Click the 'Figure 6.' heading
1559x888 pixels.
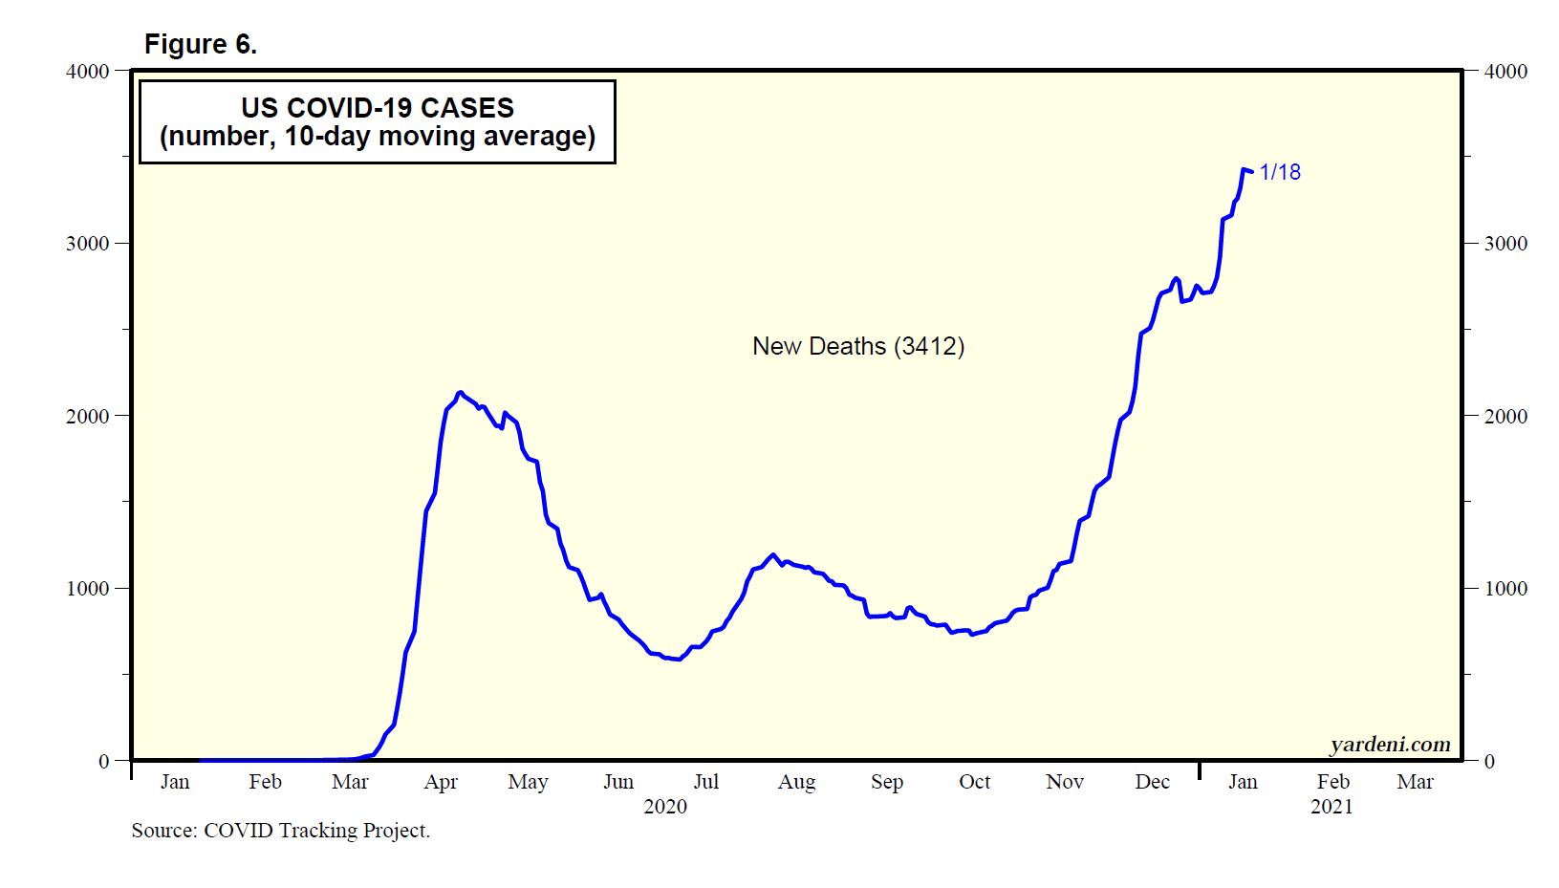pyautogui.click(x=200, y=44)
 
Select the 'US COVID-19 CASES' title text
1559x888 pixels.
pyautogui.click(x=378, y=107)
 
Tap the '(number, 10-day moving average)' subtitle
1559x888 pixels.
pyautogui.click(x=378, y=137)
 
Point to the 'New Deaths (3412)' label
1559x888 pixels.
pyautogui.click(x=858, y=346)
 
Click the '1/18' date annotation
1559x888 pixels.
pyautogui.click(x=1280, y=172)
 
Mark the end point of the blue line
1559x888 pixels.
pyautogui.click(x=1251, y=172)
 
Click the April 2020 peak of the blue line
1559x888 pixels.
pyautogui.click(x=460, y=392)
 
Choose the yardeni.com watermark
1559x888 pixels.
pyautogui.click(x=1390, y=744)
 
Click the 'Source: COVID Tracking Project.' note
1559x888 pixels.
pyautogui.click(x=281, y=830)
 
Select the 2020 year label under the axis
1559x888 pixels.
pyautogui.click(x=665, y=806)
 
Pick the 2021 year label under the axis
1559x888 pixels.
pyautogui.click(x=1332, y=806)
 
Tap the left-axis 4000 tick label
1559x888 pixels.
pyautogui.click(x=88, y=71)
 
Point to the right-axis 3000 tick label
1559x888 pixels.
pyautogui.click(x=1505, y=243)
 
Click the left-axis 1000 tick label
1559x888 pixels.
pyautogui.click(x=88, y=588)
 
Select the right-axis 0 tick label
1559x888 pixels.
pyautogui.click(x=1489, y=761)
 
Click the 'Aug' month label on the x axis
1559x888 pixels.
pyautogui.click(x=796, y=782)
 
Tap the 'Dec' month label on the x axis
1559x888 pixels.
pyautogui.click(x=1152, y=782)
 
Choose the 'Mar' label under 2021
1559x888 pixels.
pyautogui.click(x=1415, y=782)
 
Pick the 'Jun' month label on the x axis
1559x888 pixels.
pyautogui.click(x=618, y=782)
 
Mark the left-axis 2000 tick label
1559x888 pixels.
pyautogui.click(x=88, y=416)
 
